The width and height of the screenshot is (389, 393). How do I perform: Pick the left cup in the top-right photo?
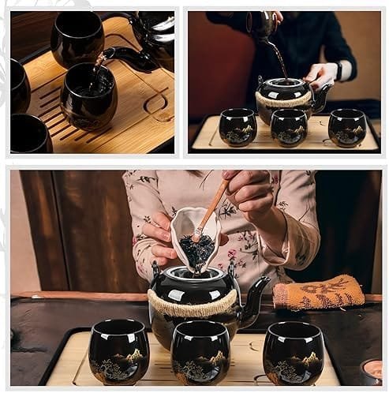tap(238, 127)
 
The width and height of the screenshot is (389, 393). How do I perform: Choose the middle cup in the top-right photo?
tap(289, 127)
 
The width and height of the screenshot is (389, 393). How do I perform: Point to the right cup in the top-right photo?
tap(347, 127)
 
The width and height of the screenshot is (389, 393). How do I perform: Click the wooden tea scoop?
tap(211, 209)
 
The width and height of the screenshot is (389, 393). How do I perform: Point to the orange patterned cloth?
tap(319, 294)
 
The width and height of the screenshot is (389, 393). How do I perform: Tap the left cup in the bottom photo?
tap(118, 352)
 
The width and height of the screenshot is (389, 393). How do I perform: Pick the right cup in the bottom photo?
tap(294, 352)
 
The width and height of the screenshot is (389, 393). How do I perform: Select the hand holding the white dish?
tap(159, 237)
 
